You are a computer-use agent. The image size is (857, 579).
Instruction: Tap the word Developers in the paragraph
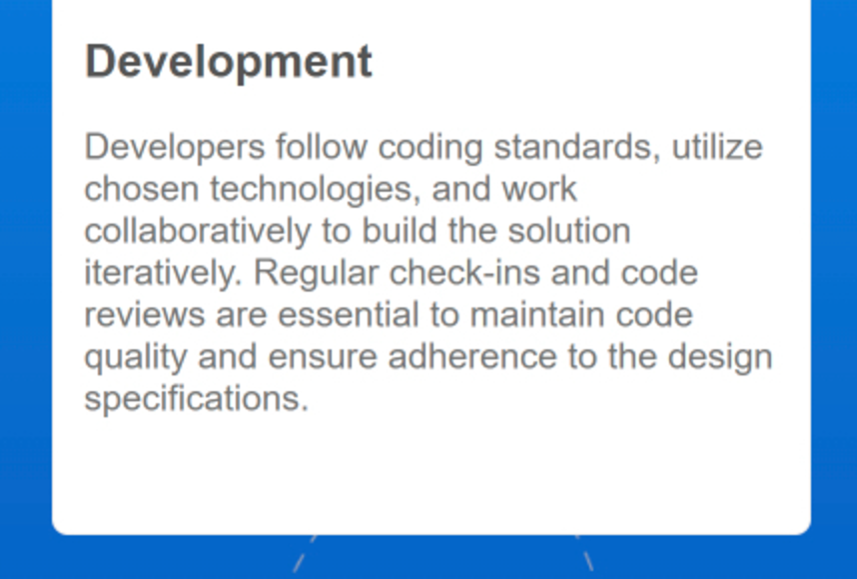coord(175,148)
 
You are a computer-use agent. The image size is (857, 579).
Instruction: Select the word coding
coord(430,148)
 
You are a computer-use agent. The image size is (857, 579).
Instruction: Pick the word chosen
coord(142,189)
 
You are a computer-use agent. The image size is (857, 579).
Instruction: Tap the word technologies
coord(316,190)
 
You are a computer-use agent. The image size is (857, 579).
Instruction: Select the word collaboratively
coord(198,232)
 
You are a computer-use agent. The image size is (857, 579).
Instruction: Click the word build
coord(400,231)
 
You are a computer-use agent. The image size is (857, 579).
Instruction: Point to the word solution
coord(569,231)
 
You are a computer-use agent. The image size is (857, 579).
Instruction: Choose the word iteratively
coord(163,274)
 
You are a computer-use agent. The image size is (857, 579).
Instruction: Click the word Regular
coord(316,274)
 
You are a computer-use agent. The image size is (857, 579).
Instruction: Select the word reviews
coord(145,315)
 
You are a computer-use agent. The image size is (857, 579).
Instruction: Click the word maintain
coord(537,314)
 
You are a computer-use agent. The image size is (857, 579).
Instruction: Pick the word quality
coord(136,357)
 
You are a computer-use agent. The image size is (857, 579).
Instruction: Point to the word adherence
coord(472,356)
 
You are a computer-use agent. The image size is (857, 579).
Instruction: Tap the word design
coord(720,357)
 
